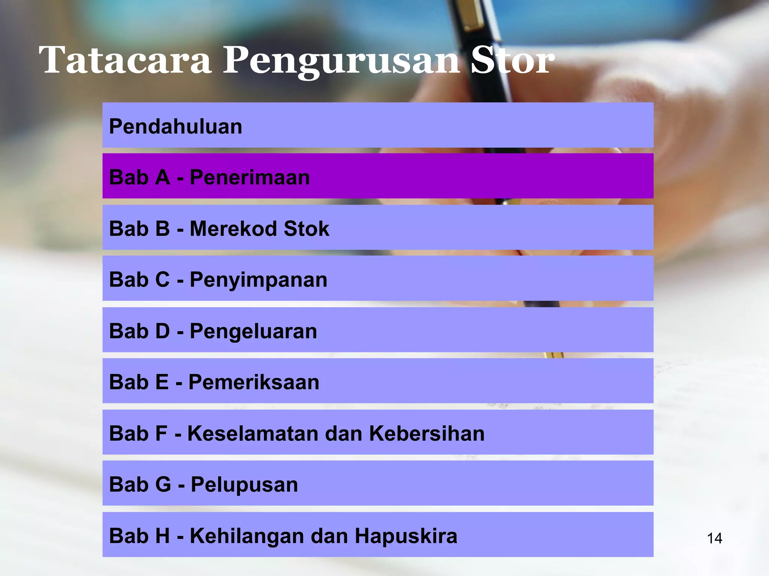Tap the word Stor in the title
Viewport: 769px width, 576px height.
(512, 60)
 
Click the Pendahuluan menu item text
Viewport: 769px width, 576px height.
(175, 126)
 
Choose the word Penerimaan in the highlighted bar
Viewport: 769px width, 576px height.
(250, 177)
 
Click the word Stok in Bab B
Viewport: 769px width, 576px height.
(306, 228)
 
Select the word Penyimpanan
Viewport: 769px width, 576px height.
(258, 280)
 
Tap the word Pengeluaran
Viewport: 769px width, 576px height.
(253, 331)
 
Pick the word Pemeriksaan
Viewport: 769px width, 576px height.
(253, 382)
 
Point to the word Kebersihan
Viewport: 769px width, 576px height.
(427, 433)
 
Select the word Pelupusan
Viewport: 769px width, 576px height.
(244, 484)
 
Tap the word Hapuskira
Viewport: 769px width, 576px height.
(406, 536)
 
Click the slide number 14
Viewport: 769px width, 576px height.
(714, 538)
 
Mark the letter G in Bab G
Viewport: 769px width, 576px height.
(163, 484)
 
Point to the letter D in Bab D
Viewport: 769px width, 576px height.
(162, 331)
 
